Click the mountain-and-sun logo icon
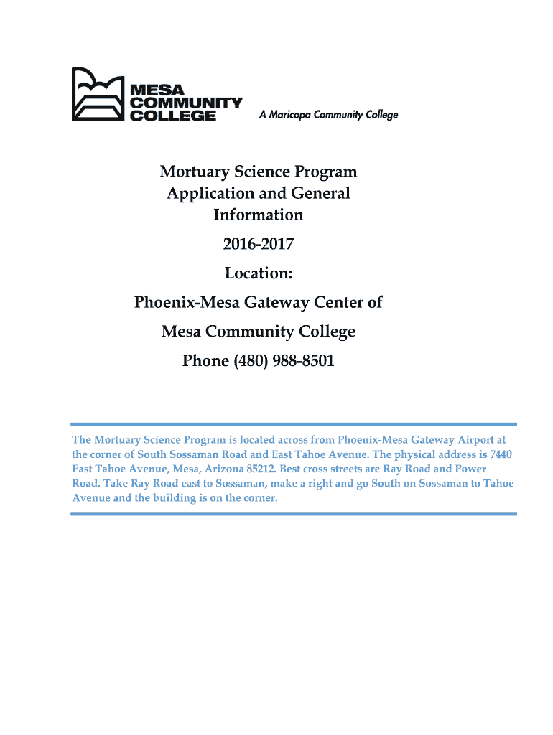point(98,94)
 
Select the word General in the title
point(320,193)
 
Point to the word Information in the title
point(258,215)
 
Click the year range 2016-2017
point(258,244)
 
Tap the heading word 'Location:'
point(258,273)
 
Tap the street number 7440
point(501,454)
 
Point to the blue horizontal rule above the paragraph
point(293,424)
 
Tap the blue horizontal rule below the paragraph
point(293,514)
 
